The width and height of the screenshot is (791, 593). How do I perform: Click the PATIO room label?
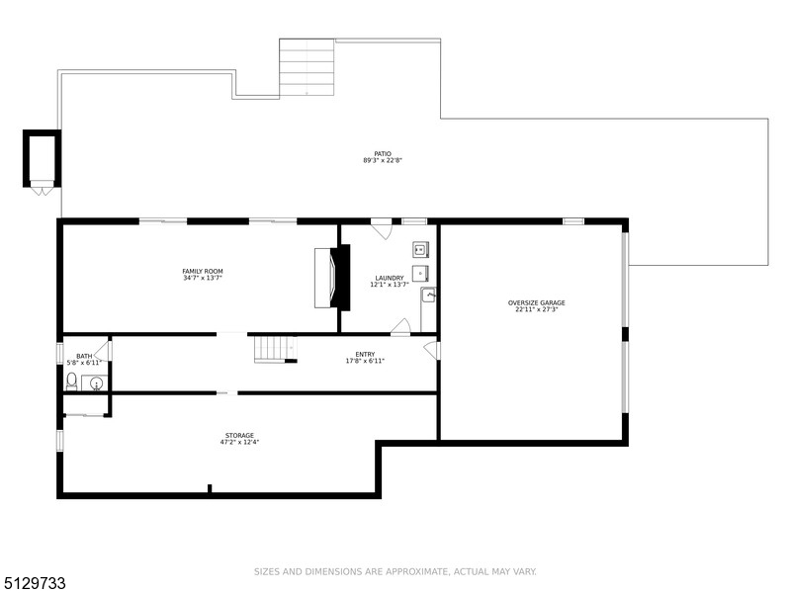point(383,154)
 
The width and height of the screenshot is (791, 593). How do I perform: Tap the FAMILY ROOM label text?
point(203,271)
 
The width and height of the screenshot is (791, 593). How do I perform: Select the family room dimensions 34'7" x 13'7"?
point(203,278)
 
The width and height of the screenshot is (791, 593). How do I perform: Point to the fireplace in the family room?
point(332,278)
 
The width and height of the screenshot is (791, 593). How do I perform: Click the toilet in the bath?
point(71,381)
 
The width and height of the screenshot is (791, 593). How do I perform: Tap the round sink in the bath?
point(96,384)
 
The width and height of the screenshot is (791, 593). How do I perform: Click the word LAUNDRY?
point(390,278)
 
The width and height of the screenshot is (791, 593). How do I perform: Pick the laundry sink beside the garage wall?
point(428,295)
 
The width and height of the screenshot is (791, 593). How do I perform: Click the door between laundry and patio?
point(382,228)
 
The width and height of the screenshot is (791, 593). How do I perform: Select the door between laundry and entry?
point(401,326)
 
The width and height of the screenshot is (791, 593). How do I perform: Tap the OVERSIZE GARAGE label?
point(536,303)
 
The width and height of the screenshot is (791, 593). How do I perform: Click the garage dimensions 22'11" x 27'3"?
point(536,309)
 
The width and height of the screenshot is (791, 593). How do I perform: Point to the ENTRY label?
point(365,355)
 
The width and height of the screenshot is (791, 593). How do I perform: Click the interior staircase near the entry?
point(276,349)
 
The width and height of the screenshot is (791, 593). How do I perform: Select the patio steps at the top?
point(307,67)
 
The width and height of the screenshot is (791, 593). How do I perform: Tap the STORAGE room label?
point(239,435)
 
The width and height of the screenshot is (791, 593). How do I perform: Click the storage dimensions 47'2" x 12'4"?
point(239,442)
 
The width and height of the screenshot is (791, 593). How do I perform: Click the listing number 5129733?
point(34,583)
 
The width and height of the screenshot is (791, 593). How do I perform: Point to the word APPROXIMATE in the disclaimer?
point(416,572)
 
